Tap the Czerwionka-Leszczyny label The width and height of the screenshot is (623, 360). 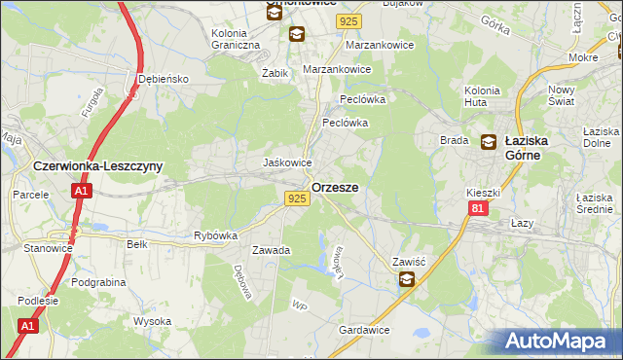[x=96, y=166]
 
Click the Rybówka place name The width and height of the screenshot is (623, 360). [x=216, y=235]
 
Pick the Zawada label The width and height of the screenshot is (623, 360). [x=272, y=250]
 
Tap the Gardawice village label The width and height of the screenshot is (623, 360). [x=364, y=330]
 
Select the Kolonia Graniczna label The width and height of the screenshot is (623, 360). [x=236, y=39]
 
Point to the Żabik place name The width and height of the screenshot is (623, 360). [x=276, y=72]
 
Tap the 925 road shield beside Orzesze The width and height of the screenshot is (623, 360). [x=298, y=198]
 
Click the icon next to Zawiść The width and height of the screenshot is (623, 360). [x=406, y=280]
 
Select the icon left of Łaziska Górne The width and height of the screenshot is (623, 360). [x=488, y=142]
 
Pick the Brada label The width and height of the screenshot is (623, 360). [x=455, y=140]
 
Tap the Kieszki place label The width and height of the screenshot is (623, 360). [x=482, y=193]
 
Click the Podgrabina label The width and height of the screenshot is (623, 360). [x=102, y=281]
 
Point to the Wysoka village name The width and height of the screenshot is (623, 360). [x=153, y=321]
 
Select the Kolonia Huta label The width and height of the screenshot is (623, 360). [x=482, y=96]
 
